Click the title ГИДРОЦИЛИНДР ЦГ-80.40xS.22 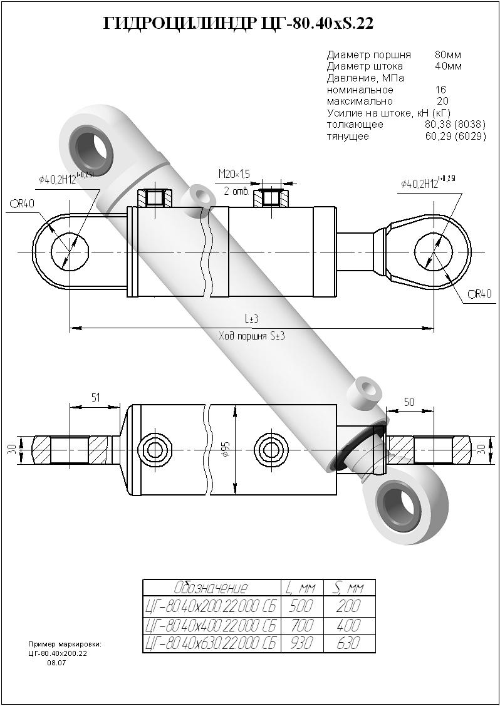[239, 24]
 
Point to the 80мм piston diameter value [448, 55]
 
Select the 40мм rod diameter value [448, 66]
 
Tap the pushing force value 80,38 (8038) [455, 125]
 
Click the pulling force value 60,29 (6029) [455, 136]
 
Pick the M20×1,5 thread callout [234, 174]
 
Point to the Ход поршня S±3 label [252, 336]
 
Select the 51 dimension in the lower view [96, 398]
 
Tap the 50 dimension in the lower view [409, 402]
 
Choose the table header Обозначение [211, 588]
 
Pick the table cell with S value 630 [348, 643]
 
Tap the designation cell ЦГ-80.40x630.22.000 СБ [211, 643]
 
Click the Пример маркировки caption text [65, 645]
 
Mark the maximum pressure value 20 [442, 101]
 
